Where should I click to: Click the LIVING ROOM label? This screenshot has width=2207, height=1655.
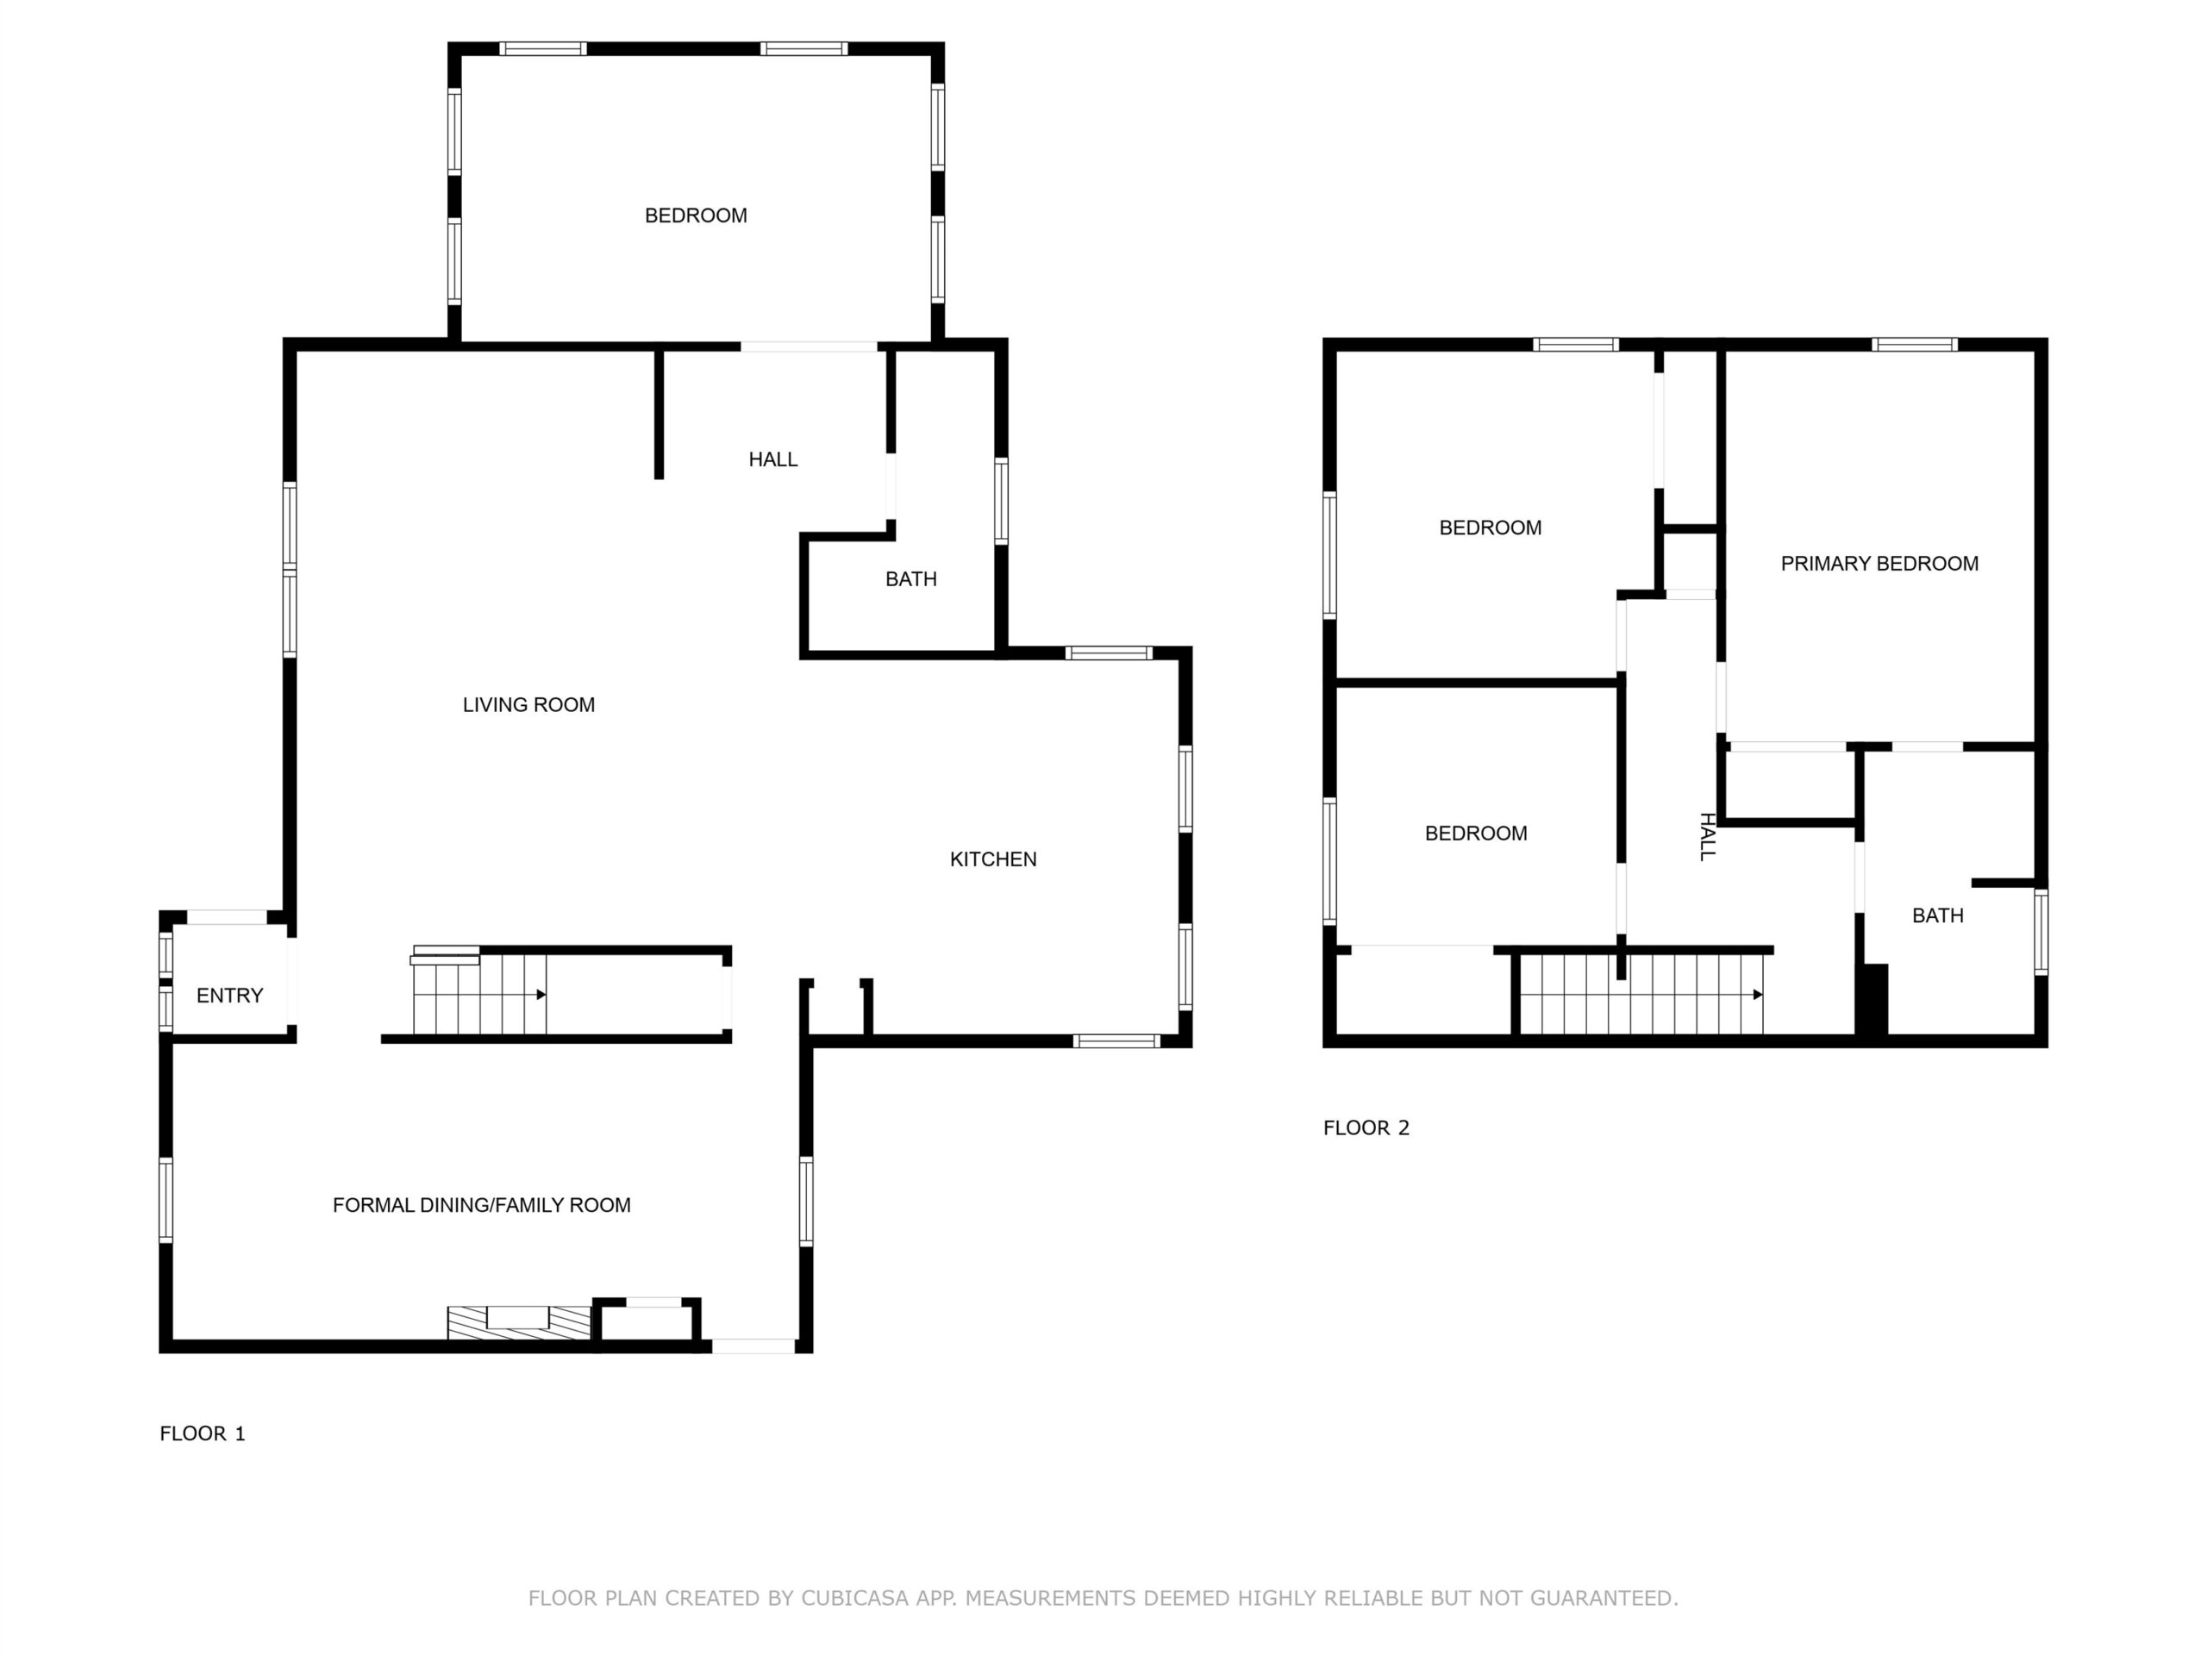point(528,704)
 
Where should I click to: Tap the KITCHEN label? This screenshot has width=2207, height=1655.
point(993,859)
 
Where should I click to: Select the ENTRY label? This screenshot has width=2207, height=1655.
point(229,995)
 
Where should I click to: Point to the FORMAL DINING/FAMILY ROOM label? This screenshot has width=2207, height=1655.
point(481,1204)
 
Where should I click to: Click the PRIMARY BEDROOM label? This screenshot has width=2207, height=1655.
point(1879,563)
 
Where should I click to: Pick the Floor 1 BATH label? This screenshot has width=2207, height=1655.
point(911,578)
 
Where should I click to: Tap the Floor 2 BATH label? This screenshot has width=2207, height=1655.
point(1938,915)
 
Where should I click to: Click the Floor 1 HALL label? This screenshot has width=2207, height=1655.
point(773,459)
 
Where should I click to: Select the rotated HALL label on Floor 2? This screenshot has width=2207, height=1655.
point(1707,836)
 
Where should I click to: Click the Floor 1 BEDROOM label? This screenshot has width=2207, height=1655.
point(696,215)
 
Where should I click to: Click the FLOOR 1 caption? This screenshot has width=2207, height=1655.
point(203,1433)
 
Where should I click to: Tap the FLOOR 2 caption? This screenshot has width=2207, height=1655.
point(1366,1127)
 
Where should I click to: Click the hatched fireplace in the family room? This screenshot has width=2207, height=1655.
point(519,1321)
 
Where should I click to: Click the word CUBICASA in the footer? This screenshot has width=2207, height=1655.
point(854,1597)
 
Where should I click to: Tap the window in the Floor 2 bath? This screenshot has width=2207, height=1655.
point(2041,932)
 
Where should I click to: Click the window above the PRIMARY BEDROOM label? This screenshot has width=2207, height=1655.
point(1914,345)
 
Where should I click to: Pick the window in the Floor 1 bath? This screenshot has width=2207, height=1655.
point(1001,501)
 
